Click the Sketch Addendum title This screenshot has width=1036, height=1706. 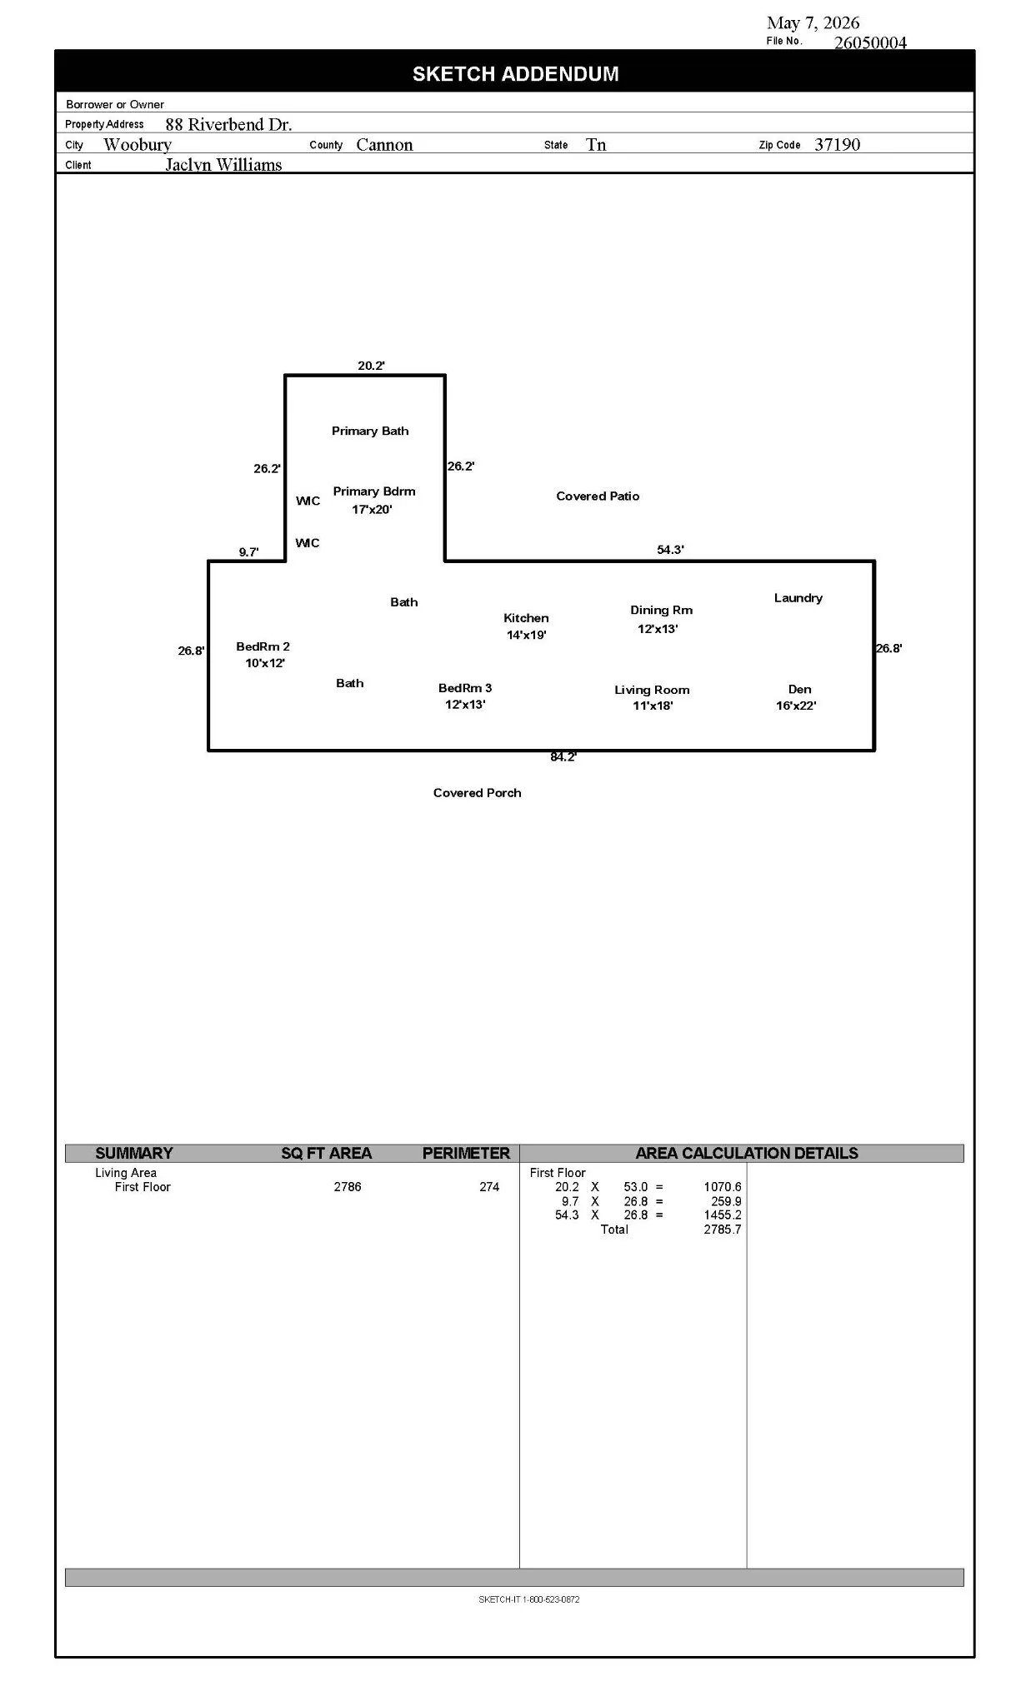(515, 74)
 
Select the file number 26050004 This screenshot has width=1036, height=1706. (870, 42)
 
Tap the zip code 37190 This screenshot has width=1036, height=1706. (837, 144)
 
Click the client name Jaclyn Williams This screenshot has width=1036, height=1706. (223, 165)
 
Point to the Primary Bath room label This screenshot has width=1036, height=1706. (370, 431)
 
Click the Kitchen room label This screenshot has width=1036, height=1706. (526, 618)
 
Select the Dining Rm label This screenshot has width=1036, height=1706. (661, 611)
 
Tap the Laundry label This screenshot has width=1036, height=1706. (798, 598)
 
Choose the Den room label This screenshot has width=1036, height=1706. (799, 689)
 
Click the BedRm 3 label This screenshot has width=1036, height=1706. (465, 688)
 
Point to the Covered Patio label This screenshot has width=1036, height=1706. (598, 496)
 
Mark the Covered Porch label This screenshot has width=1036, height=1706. (477, 793)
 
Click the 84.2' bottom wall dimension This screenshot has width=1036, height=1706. (563, 757)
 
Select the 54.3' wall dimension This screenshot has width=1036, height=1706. (670, 550)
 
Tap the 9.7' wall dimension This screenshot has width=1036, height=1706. (248, 552)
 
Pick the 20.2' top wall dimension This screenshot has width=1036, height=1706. (371, 366)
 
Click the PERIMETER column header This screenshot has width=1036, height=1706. (466, 1153)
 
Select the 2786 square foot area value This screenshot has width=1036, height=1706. (348, 1187)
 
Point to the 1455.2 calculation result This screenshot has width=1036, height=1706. (723, 1215)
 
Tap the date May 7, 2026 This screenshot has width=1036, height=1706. (813, 23)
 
